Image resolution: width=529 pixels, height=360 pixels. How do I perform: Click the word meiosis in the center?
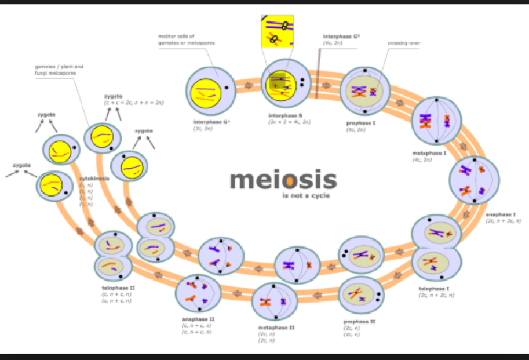[283, 180]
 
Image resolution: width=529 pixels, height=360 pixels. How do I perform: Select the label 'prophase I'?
[360, 123]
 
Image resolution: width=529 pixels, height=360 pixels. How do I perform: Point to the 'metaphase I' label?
[429, 153]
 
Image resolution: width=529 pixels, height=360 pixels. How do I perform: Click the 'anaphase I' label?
[500, 214]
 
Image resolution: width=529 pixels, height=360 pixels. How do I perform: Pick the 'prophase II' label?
[359, 321]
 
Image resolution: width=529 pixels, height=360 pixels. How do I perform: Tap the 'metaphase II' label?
[276, 328]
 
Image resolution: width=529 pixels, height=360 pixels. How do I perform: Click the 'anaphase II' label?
[197, 319]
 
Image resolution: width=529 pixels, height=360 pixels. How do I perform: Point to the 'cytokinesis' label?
[94, 179]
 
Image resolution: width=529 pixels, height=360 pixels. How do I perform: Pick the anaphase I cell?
[473, 180]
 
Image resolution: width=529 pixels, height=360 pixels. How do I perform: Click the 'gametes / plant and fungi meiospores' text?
[59, 70]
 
